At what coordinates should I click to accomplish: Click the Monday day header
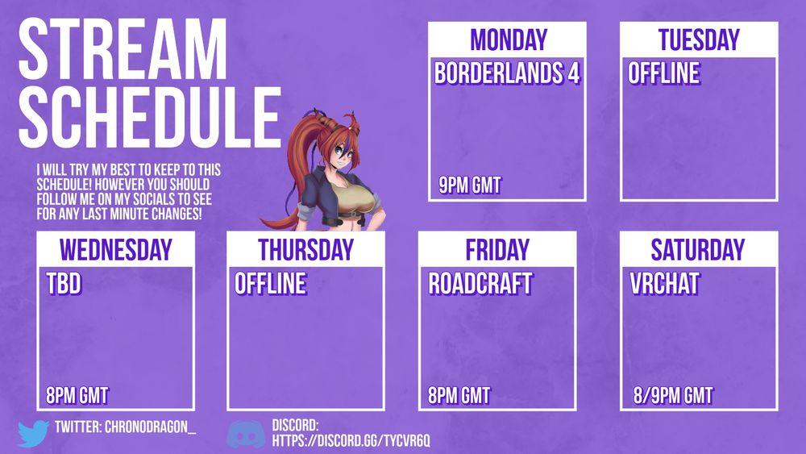[509, 40]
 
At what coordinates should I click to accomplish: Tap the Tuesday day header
[699, 40]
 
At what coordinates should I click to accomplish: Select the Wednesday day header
[115, 250]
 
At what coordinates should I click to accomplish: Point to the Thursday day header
[305, 250]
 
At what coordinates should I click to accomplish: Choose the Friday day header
[497, 250]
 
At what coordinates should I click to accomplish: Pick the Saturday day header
[697, 250]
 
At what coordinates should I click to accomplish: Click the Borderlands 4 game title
[507, 73]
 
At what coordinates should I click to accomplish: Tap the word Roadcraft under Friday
[480, 284]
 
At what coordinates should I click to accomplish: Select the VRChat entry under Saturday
[665, 284]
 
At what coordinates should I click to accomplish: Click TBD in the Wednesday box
[64, 284]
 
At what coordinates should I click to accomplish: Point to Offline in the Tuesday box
[664, 73]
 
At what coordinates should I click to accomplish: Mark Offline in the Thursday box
[271, 284]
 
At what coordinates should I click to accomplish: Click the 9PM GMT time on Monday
[470, 185]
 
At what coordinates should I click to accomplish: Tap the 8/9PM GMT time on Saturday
[673, 396]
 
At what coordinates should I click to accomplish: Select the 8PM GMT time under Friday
[459, 396]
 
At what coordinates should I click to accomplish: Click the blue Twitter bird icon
[33, 433]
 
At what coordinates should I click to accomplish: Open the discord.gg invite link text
[351, 440]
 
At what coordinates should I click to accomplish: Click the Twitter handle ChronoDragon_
[151, 427]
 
